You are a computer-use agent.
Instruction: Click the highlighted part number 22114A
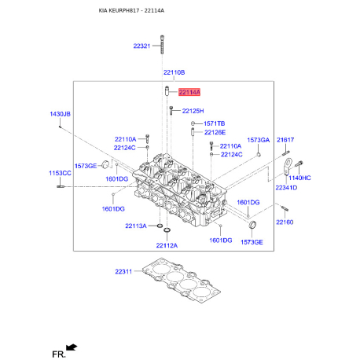(189, 92)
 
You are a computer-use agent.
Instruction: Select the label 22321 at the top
(142, 46)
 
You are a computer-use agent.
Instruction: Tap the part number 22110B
(174, 72)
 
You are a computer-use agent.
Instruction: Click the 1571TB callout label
(214, 123)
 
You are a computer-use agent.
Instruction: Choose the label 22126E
(215, 133)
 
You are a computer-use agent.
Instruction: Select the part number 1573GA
(259, 140)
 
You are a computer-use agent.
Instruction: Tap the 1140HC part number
(300, 178)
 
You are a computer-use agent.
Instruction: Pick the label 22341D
(285, 189)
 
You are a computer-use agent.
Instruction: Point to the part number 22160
(284, 222)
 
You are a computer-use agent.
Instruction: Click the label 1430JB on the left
(61, 115)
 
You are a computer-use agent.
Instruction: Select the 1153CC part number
(60, 173)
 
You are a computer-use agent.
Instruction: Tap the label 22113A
(135, 226)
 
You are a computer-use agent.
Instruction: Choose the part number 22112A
(167, 245)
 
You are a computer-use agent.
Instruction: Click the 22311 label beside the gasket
(125, 272)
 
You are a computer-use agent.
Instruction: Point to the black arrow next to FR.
(72, 346)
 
